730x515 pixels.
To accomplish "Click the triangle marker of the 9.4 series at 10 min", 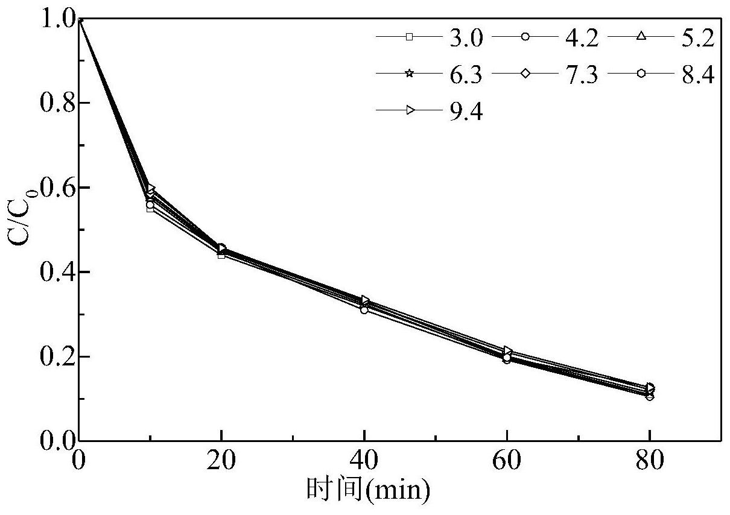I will (x=151, y=189).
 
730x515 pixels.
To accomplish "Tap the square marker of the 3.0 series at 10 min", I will (x=151, y=209).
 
